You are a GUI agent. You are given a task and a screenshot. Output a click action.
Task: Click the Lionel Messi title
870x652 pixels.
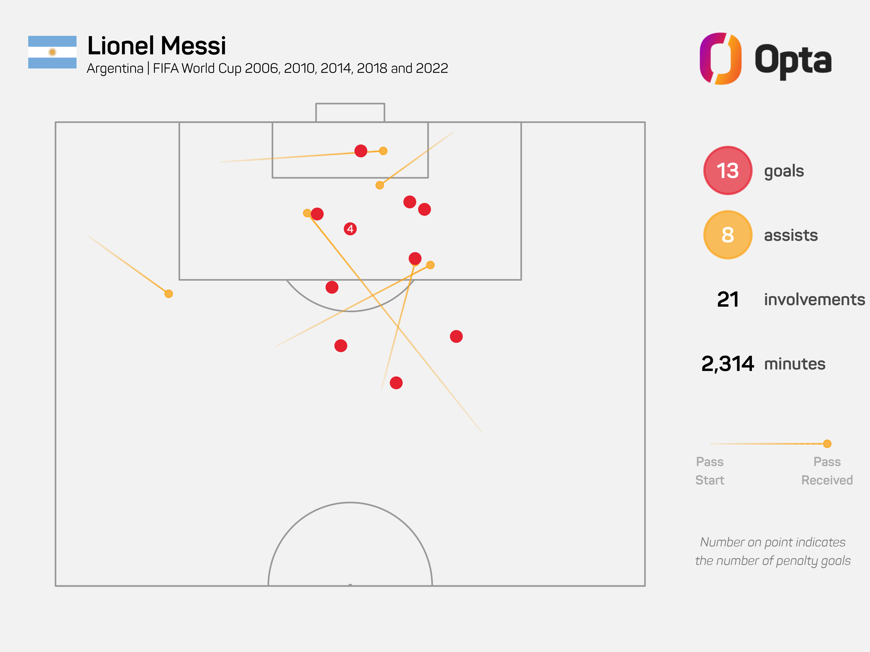(157, 46)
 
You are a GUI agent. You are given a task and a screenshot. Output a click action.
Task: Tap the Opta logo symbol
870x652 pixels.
(721, 58)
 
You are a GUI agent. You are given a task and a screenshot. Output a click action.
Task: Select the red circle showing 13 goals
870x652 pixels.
(728, 171)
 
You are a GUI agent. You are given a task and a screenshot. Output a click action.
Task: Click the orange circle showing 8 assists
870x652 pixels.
(728, 235)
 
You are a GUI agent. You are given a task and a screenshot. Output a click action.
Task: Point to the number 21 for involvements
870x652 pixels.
(728, 299)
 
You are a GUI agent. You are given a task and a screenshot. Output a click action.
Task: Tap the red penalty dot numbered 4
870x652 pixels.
(350, 229)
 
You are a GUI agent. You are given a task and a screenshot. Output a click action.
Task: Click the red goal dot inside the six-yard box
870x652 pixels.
(361, 151)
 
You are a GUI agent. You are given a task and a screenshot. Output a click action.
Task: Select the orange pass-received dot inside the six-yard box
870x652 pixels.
(383, 151)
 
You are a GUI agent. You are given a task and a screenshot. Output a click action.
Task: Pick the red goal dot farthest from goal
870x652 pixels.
(396, 383)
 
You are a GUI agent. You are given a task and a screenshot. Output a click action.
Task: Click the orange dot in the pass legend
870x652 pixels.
(827, 444)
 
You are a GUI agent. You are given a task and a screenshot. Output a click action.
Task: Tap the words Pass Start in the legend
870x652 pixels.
(710, 471)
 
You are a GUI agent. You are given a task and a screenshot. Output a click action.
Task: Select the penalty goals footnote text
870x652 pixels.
(773, 551)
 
